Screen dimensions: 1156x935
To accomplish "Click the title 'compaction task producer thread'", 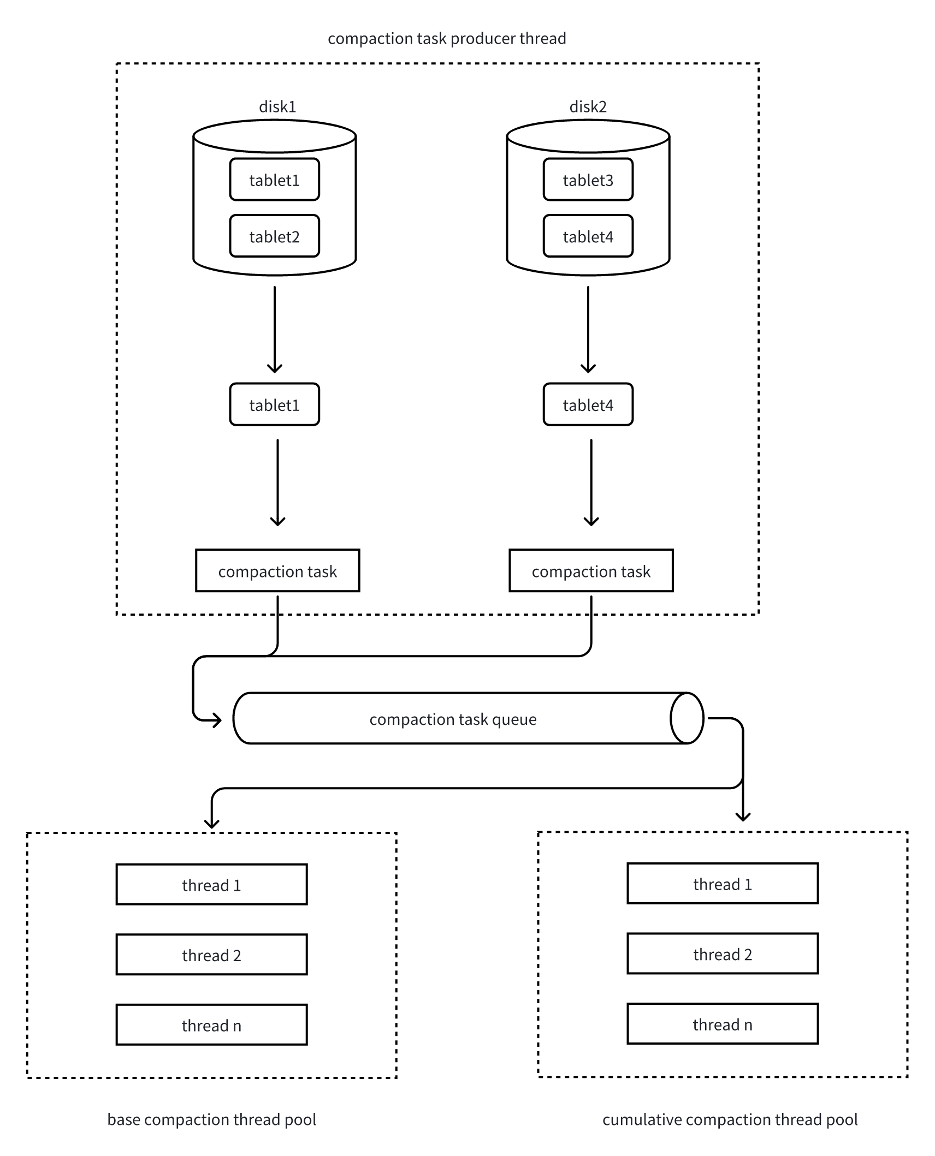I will click(446, 39).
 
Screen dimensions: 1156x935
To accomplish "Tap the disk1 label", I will click(277, 107).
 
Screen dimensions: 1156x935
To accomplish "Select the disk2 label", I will click(588, 107).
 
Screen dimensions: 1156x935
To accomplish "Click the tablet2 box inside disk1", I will click(274, 236).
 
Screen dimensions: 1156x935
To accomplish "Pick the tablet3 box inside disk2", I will click(588, 180).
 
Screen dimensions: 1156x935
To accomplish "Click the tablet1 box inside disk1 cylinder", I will click(274, 180).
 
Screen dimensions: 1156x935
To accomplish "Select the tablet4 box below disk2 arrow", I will click(588, 405).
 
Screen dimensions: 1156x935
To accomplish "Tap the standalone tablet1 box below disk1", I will click(274, 405).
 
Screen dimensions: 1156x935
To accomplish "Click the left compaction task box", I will click(277, 571).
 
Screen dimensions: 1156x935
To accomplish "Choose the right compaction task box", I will click(591, 571).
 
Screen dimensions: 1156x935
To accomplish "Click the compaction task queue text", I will click(453, 719).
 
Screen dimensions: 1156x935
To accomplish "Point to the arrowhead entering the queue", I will click(217, 720).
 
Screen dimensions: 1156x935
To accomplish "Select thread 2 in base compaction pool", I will click(211, 955).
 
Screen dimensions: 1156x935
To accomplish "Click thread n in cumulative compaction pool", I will click(722, 1024).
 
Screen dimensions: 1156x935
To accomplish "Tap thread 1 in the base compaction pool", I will click(211, 885).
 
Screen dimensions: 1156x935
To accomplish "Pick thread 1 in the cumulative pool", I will click(722, 884).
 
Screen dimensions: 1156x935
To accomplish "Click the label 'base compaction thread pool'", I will click(211, 1119).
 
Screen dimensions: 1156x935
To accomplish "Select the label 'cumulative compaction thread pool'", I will click(730, 1119).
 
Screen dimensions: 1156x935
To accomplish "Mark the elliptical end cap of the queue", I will click(687, 718).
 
